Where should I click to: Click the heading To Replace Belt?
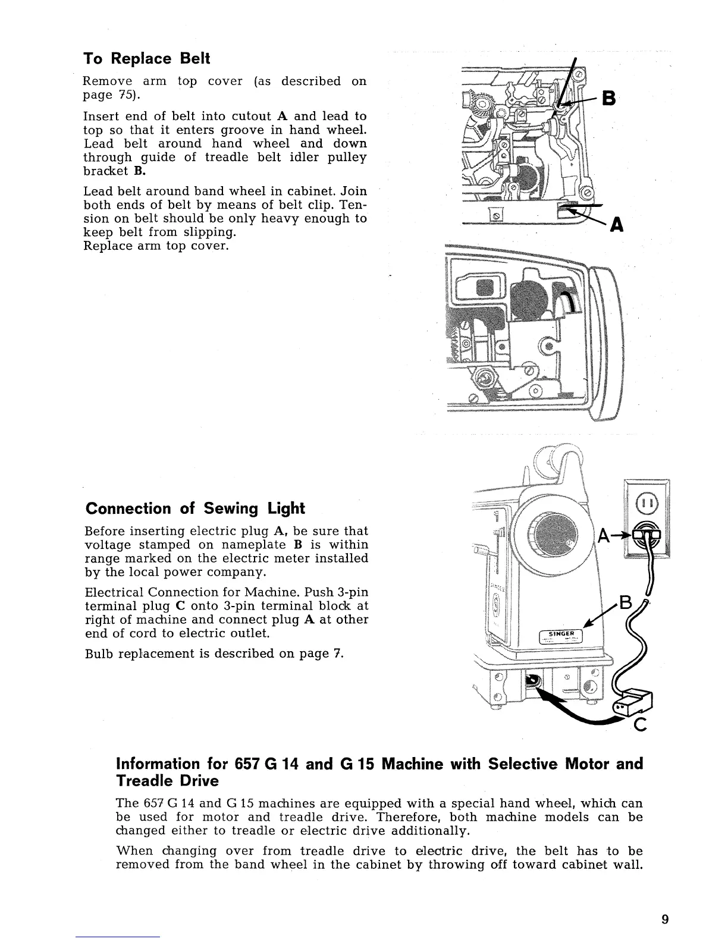tap(146, 59)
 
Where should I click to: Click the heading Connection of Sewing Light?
tap(195, 508)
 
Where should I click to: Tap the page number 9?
tap(665, 919)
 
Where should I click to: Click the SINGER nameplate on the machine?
tap(561, 635)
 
